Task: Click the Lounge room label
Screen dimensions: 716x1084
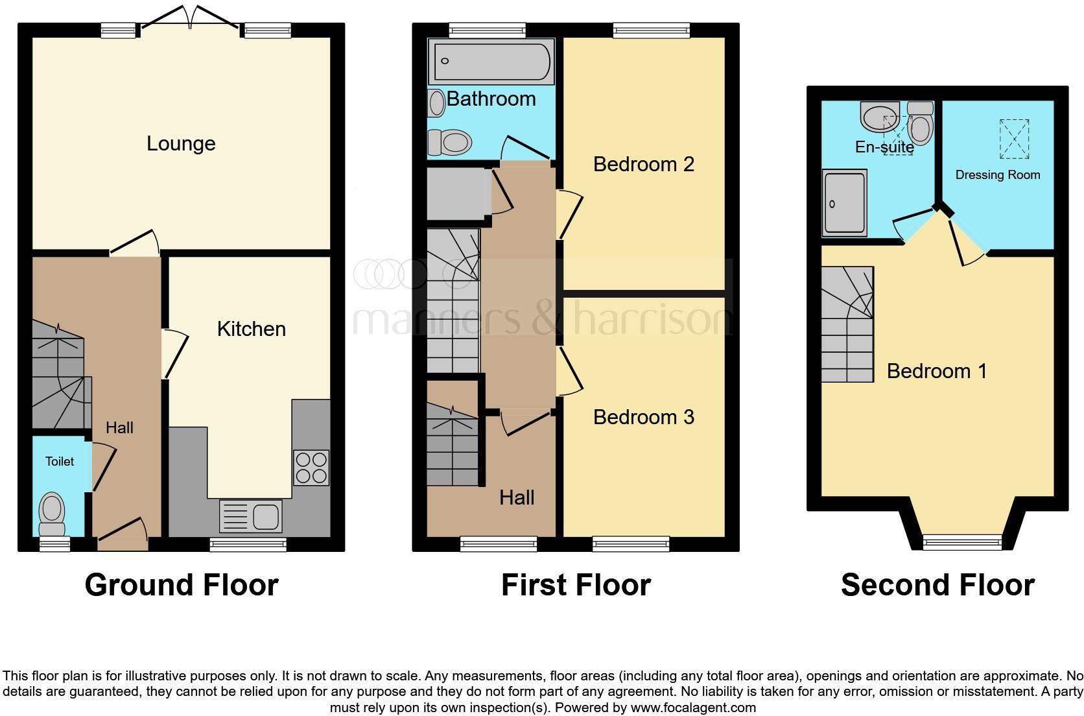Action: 181,143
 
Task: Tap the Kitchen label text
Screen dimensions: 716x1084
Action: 251,329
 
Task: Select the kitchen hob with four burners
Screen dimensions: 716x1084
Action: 311,468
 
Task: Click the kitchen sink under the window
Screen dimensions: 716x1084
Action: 250,516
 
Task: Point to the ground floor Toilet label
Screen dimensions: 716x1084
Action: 60,461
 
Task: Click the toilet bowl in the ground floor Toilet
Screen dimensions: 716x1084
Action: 52,509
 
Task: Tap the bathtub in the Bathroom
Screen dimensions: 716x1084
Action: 491,62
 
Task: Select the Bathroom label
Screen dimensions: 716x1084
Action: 491,99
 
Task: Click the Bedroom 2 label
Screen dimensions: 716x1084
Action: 643,164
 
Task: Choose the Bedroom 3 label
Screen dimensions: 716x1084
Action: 643,417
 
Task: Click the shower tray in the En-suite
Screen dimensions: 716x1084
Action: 845,202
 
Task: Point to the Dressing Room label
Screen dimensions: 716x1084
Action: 997,174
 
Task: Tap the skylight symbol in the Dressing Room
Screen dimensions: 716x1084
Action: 1014,139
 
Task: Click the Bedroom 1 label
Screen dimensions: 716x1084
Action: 936,371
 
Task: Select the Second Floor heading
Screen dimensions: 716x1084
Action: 937,585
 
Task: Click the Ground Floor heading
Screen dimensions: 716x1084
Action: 182,585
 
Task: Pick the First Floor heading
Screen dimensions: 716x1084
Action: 576,585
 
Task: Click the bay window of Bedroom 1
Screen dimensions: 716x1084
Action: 962,541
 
